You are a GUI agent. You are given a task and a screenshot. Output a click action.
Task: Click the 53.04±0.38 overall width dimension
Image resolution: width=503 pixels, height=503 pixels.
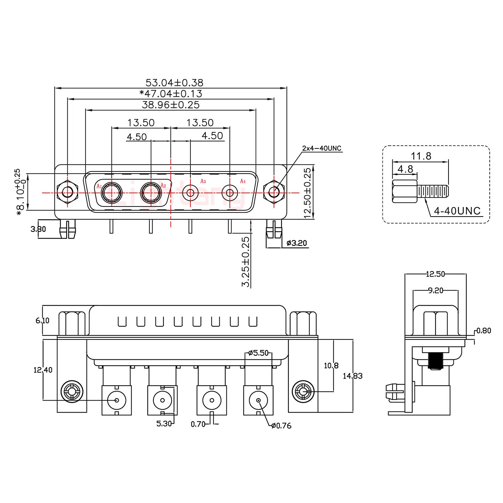coord(174,83)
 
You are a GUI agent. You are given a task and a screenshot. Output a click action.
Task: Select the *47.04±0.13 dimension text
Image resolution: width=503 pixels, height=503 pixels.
coord(170,94)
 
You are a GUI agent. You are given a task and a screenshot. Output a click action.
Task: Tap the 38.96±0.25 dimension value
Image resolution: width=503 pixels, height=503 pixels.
coord(170,104)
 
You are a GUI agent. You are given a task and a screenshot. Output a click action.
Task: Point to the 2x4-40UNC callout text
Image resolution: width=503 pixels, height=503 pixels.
coord(321,148)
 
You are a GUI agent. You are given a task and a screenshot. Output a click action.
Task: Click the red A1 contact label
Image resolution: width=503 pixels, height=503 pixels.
coord(99,186)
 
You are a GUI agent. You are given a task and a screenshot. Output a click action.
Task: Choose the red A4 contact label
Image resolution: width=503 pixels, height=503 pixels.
coord(243,181)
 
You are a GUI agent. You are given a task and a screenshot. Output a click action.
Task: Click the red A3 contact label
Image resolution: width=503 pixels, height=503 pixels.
coord(203,181)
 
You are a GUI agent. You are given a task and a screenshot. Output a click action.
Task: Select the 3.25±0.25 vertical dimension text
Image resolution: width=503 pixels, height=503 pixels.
coord(246,262)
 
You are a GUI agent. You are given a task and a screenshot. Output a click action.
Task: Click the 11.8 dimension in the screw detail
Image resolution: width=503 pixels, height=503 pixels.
coord(421,156)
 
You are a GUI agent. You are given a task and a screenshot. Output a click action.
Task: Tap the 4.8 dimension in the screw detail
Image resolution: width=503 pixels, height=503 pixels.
coord(405,169)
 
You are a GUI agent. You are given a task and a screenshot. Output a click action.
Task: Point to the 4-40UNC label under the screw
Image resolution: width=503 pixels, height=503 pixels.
coord(457,211)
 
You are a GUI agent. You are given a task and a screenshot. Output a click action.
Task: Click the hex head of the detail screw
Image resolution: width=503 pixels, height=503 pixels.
coord(404,191)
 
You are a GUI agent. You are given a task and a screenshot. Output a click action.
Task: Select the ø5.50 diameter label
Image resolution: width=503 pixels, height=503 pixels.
coord(258,353)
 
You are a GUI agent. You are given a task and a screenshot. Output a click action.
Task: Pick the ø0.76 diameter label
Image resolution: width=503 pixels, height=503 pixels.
coord(281,425)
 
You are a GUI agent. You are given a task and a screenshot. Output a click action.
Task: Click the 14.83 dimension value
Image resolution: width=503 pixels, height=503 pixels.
coord(352,376)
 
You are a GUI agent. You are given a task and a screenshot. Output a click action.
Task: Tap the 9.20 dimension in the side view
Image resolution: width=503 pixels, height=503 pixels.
coord(435,290)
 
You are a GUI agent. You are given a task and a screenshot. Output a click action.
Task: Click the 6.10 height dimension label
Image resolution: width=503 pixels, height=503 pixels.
coord(43,320)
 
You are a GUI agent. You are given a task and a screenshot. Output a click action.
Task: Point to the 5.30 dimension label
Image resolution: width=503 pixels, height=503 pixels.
coord(164,424)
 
